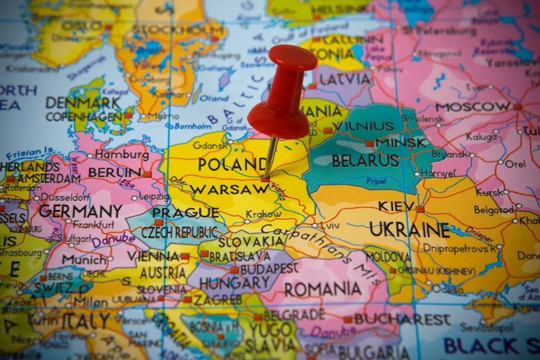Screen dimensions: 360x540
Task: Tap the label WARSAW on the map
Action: (229, 189)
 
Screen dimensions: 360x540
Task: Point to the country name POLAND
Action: (232, 164)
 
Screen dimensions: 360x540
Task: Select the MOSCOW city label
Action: (473, 106)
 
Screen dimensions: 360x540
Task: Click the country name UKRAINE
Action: (409, 230)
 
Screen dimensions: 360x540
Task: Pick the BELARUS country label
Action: (365, 161)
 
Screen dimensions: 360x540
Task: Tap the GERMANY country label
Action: (80, 211)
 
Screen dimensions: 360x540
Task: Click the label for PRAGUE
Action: (185, 212)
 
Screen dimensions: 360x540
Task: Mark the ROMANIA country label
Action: (323, 289)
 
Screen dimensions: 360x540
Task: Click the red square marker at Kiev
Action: (420, 209)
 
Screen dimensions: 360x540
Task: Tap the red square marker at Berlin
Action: (147, 174)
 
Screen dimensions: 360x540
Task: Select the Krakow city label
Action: (264, 214)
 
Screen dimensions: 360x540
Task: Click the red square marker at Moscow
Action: (517, 107)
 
